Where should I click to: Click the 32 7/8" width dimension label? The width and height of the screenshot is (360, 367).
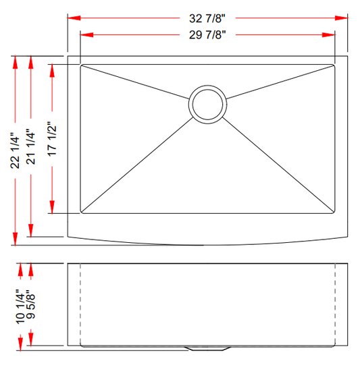pos(207,18)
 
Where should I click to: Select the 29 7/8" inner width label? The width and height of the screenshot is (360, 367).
pos(207,34)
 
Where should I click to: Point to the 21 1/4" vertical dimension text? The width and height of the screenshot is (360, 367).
pos(30,147)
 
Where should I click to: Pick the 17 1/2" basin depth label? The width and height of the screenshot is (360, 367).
pos(53,139)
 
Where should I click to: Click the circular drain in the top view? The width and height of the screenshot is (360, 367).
pos(205,103)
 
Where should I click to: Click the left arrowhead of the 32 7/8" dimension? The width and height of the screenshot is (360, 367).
pos(72,18)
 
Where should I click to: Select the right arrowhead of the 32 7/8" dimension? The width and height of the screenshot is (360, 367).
pos(343,18)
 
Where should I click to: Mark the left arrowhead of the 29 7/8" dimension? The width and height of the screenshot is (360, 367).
pos(84,34)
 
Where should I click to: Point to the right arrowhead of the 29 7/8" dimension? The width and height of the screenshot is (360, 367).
pos(331,34)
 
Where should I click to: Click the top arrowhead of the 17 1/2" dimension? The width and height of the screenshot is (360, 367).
pos(53,69)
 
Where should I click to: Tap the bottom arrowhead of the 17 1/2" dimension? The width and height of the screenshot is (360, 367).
pos(53,210)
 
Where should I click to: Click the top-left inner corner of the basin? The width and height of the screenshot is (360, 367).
pos(82,66)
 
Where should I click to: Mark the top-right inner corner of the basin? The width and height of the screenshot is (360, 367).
pos(334,66)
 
